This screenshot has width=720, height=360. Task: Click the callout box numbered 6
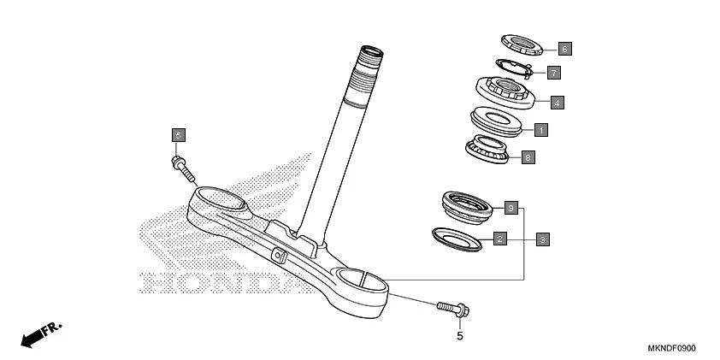tap(564, 49)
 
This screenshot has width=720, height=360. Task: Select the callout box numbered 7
tap(553, 73)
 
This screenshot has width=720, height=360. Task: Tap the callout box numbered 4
tap(556, 103)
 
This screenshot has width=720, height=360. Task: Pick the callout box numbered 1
tap(540, 130)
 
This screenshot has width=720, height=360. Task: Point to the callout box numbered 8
tap(528, 157)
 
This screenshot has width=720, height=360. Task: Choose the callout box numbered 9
tap(510, 208)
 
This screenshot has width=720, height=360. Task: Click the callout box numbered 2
tap(500, 239)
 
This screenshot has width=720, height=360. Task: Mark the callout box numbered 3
tap(542, 239)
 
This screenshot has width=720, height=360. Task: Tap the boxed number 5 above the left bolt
tap(178, 135)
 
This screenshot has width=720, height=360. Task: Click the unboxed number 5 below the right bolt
tap(459, 336)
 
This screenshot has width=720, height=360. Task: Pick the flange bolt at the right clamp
tap(450, 307)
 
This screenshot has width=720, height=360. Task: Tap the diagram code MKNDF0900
tap(670, 348)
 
